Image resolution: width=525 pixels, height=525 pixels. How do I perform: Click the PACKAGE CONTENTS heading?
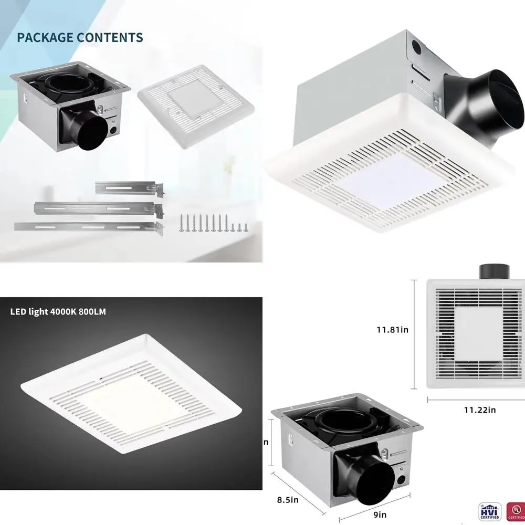[80, 38]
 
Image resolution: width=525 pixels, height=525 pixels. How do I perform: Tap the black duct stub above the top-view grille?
[495, 271]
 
